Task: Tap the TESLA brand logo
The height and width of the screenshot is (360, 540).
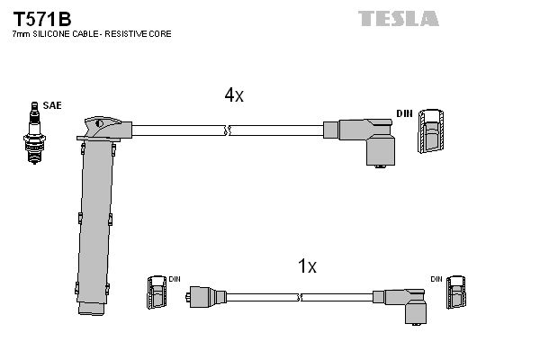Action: [399, 18]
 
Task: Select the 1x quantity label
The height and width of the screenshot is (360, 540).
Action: [307, 266]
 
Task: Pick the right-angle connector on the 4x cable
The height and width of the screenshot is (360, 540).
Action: [371, 139]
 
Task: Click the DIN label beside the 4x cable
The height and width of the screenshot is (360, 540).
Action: [404, 113]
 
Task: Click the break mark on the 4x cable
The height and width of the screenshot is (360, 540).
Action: [229, 131]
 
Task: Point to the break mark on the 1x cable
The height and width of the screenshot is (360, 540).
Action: [297, 294]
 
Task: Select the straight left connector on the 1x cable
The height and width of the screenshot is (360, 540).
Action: [204, 294]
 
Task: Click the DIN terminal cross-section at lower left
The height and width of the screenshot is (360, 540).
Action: [155, 294]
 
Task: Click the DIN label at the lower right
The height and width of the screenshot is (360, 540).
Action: [436, 279]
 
